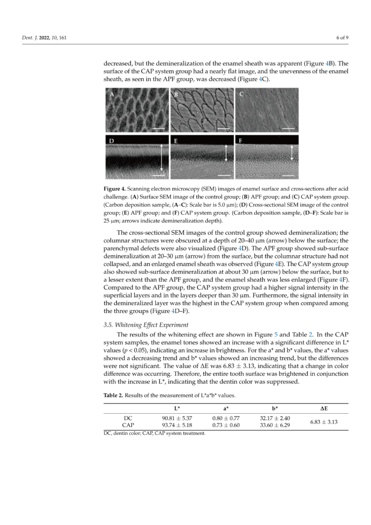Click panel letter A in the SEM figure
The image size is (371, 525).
111,95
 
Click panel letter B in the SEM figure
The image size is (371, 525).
175,95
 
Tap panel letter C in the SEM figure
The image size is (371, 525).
241,95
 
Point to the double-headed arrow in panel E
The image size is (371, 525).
226,152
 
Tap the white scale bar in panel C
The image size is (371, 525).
288,128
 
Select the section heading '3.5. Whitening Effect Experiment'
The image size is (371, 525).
145,324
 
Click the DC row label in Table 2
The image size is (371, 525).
128,418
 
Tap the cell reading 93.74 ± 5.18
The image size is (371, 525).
177,426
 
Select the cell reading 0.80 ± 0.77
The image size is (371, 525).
225,418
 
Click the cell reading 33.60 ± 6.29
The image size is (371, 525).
275,426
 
